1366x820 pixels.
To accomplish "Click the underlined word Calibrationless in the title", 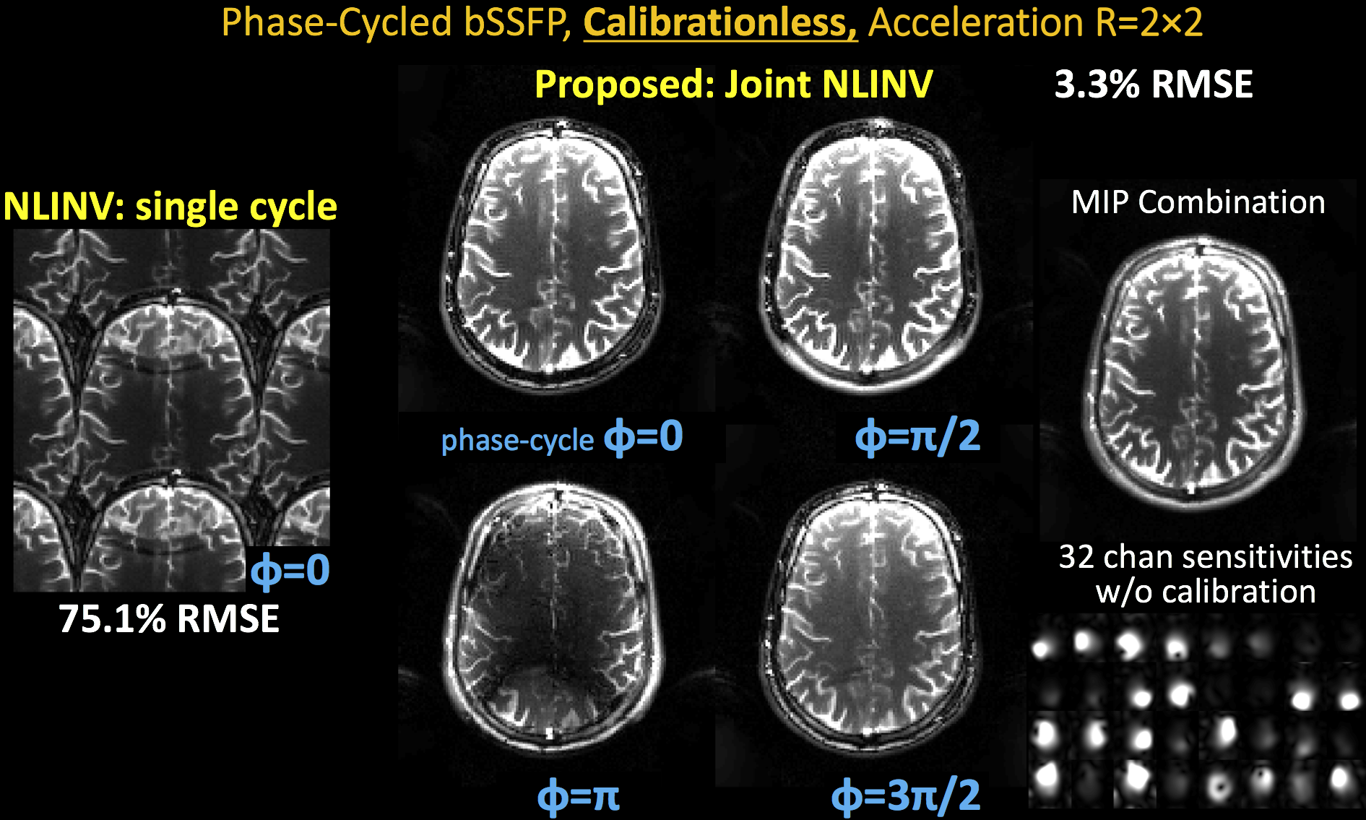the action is pos(720,23).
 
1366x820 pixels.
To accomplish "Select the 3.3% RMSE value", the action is pos(1153,85).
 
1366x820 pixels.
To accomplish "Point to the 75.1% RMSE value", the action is pos(169,619).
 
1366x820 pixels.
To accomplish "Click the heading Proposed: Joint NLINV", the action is pos(733,85).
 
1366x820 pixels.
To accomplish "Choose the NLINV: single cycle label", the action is pos(170,207).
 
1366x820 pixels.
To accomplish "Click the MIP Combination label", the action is pos(1198,202).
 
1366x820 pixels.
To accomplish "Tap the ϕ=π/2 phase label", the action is pos(917,436).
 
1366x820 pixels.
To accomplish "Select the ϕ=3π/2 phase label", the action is pos(906,795).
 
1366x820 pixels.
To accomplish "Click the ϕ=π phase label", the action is pos(579,795).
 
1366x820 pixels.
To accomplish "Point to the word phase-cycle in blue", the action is pos(517,440).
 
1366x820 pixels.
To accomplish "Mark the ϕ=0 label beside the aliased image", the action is pos(290,570).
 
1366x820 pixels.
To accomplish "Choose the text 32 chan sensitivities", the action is pos(1205,557).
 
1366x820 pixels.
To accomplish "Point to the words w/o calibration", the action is pos(1205,592).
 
